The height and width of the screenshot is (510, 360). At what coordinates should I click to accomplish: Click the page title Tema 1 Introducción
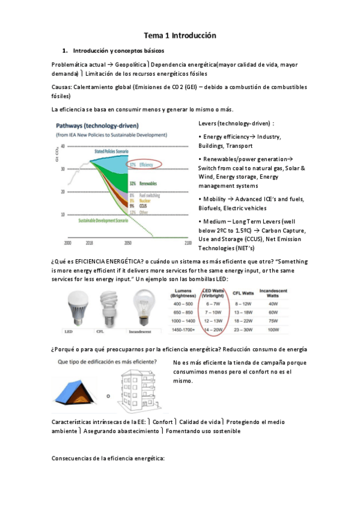tap(180, 36)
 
